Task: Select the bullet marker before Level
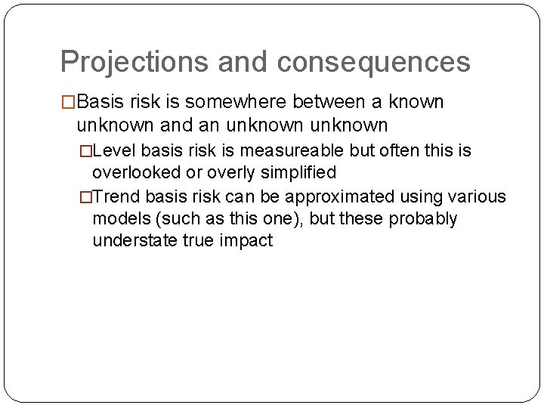[x=85, y=151]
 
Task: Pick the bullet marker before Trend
[x=85, y=196]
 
